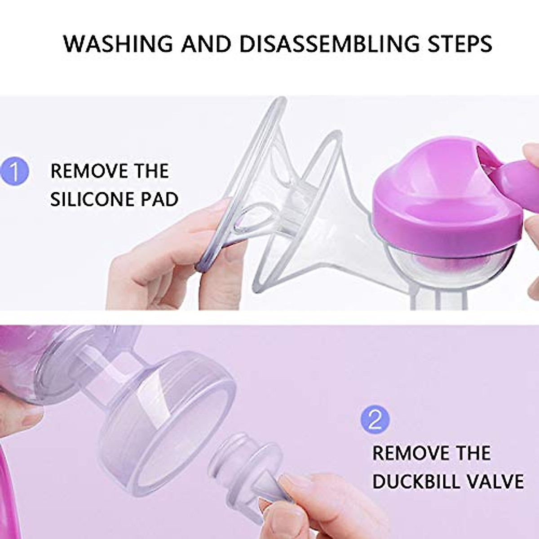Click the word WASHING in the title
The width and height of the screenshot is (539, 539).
coord(118,44)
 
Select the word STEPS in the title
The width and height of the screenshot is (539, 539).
coord(457,44)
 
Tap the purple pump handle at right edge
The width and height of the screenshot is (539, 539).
coord(521,180)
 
